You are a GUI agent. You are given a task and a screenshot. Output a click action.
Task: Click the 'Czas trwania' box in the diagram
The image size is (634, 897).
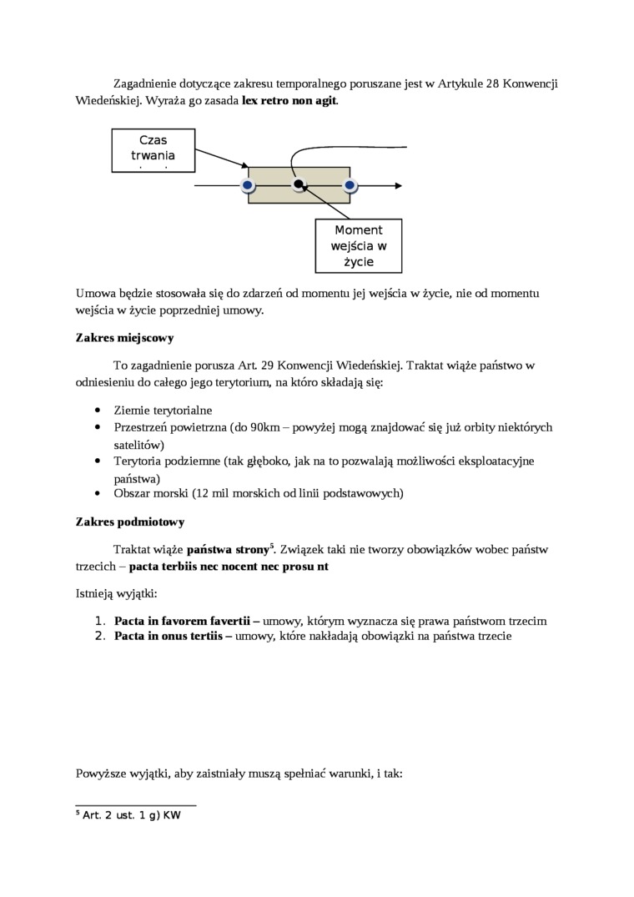[x=153, y=149]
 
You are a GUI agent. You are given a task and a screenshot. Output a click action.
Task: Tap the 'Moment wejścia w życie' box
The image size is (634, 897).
[x=358, y=245]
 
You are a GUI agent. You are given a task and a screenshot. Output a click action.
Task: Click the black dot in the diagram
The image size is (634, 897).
[x=298, y=184]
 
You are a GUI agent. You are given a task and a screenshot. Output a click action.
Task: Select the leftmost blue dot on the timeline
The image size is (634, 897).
[x=247, y=185]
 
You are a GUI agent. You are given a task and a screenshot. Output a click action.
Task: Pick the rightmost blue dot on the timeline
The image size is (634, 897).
[x=350, y=185]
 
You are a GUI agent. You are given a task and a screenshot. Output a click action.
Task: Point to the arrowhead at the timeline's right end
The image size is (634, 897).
[x=401, y=185]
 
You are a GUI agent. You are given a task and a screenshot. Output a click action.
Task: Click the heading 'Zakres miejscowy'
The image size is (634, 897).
[x=124, y=338]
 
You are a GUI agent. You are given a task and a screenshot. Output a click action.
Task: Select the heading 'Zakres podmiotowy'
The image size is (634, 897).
[x=129, y=522]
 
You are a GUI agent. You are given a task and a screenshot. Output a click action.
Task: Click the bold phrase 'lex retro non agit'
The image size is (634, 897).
[x=289, y=100]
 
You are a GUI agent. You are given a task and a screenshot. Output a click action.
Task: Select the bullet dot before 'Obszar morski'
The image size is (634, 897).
[x=98, y=493]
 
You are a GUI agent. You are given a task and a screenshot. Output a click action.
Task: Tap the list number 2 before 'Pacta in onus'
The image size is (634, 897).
[x=98, y=636]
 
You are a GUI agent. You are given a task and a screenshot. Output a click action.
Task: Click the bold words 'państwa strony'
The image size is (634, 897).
[x=226, y=550]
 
